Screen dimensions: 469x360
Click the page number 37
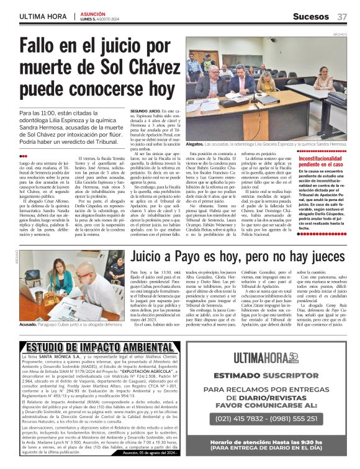click(342, 16)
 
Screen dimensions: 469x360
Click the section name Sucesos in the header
click(310, 16)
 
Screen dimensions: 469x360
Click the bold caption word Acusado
click(31, 323)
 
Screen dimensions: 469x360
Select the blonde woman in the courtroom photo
click(268, 83)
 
